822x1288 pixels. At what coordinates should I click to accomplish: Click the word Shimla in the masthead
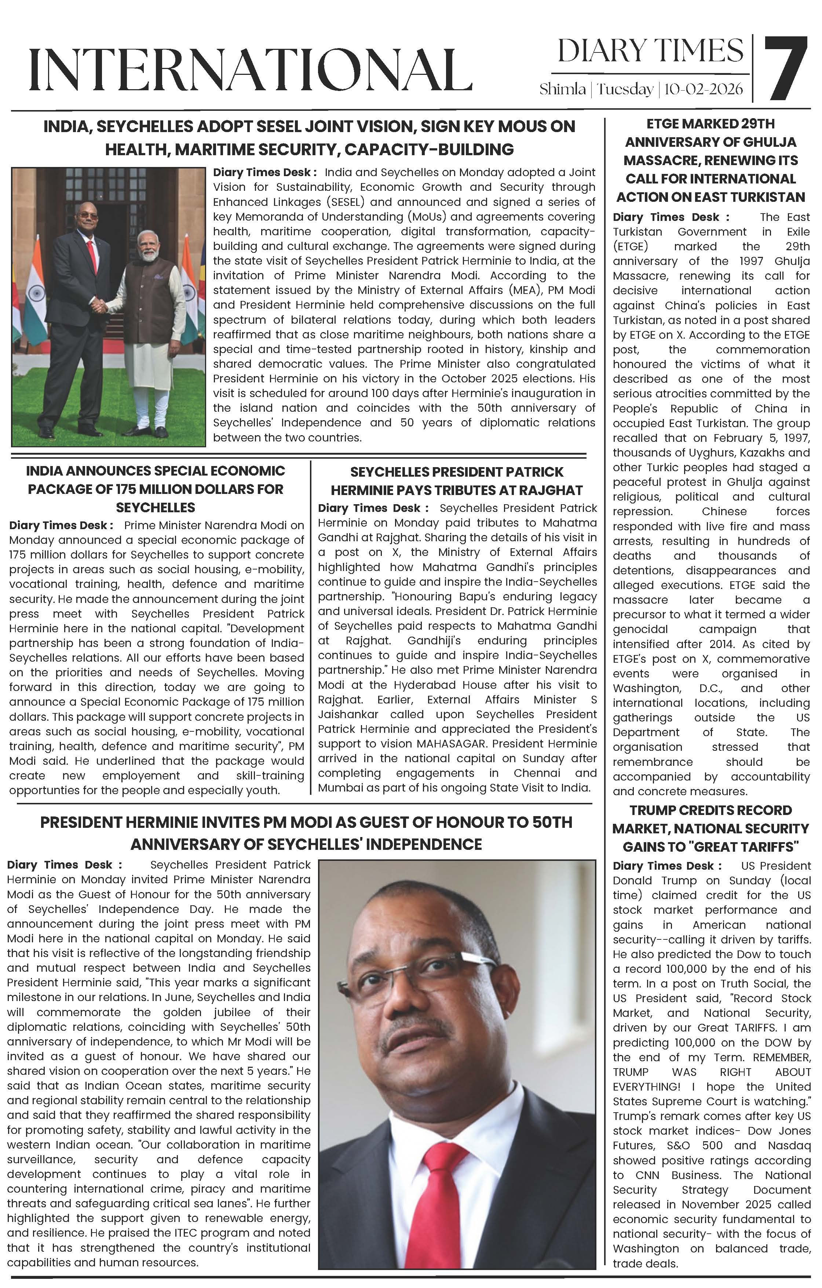[562, 89]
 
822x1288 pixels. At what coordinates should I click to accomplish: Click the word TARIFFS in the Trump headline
[759, 847]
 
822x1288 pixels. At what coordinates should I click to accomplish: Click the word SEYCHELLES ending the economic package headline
[156, 507]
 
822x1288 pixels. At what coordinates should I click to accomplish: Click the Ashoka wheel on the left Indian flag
[36, 292]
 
